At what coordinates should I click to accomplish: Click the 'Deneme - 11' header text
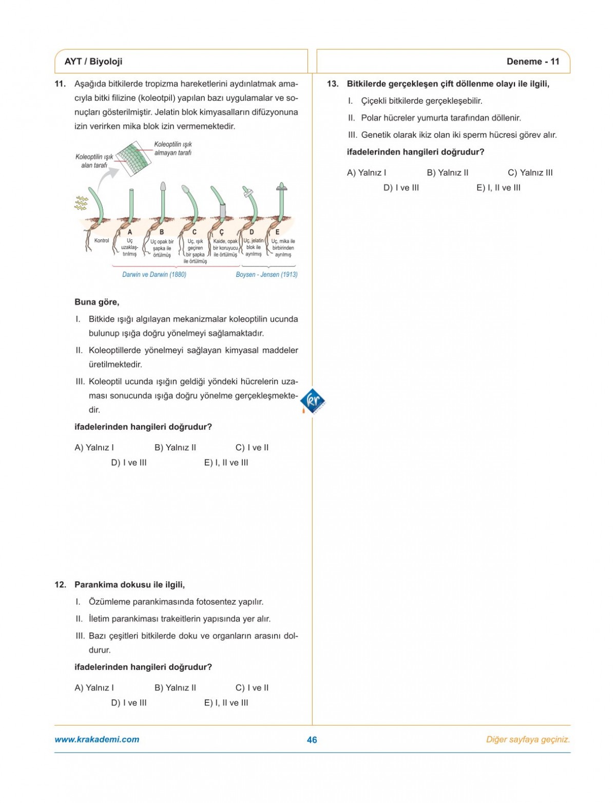pyautogui.click(x=532, y=62)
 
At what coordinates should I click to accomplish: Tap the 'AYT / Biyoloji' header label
pyautogui.click(x=93, y=62)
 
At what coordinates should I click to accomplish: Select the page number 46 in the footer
pyautogui.click(x=312, y=740)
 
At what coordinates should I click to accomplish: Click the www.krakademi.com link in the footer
pyautogui.click(x=97, y=739)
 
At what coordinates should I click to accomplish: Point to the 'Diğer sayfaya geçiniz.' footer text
pyautogui.click(x=528, y=740)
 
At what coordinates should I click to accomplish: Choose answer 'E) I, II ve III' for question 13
pyautogui.click(x=498, y=188)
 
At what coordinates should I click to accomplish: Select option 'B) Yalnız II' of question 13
pyautogui.click(x=447, y=173)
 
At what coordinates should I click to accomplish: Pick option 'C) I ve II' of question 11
pyautogui.click(x=252, y=448)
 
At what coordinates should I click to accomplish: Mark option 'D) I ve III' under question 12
pyautogui.click(x=128, y=703)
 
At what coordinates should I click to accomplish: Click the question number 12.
pyautogui.click(x=60, y=585)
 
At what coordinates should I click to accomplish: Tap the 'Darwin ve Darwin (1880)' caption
pyautogui.click(x=154, y=275)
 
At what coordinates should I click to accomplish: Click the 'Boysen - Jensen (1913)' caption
pyautogui.click(x=266, y=275)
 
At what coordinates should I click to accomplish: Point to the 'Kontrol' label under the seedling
pyautogui.click(x=102, y=241)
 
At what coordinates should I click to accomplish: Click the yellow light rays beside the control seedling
pyautogui.click(x=81, y=203)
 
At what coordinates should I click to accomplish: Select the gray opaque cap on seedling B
pyautogui.click(x=163, y=186)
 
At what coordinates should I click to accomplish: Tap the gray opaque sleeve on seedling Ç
pyautogui.click(x=223, y=211)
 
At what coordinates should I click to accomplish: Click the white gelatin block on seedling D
pyautogui.click(x=248, y=193)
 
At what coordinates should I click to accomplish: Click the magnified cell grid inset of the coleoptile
pyautogui.click(x=133, y=159)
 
